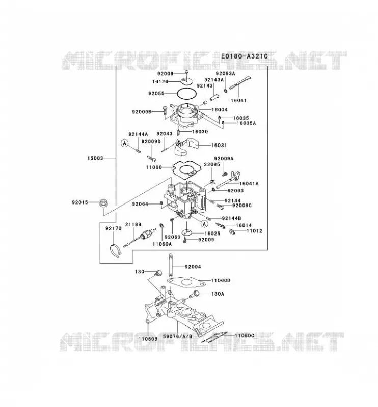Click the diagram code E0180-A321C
point(244,56)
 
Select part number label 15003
point(95,158)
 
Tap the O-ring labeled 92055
point(186,94)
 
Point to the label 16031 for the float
point(219,146)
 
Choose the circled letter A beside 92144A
point(125,143)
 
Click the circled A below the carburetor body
point(205,223)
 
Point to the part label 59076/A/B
point(178,336)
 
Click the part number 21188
point(133,224)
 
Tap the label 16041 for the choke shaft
point(238,100)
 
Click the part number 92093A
point(225,73)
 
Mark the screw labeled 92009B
point(165,111)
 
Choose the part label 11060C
point(245,336)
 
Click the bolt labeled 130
point(158,273)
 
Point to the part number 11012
point(255,231)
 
